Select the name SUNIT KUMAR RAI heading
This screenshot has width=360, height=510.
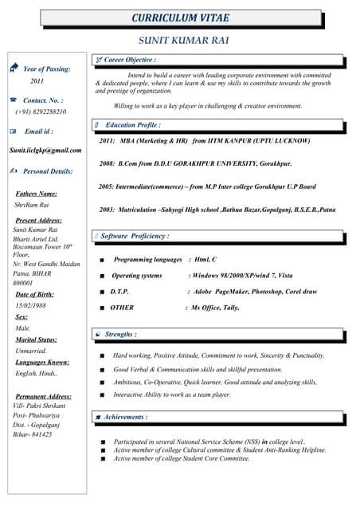[x=184, y=39]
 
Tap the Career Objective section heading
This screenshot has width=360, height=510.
[x=130, y=60]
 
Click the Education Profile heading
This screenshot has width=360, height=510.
[x=133, y=125]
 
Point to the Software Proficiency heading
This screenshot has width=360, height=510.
[x=135, y=236]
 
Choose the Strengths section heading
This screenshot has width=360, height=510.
[x=120, y=335]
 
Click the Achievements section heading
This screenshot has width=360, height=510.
[x=125, y=417]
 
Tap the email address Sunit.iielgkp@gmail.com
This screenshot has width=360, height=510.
[x=45, y=150]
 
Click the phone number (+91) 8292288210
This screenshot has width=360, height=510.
[x=41, y=112]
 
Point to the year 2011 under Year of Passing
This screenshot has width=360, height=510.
[x=37, y=81]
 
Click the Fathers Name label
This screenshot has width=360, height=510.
[x=37, y=194]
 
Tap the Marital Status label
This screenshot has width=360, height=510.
[x=37, y=339]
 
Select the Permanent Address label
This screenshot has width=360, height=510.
[x=43, y=396]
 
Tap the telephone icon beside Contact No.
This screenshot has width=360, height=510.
[x=13, y=100]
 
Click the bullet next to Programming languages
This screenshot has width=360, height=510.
[x=102, y=261]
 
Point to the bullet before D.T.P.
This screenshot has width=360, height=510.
[x=102, y=292]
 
